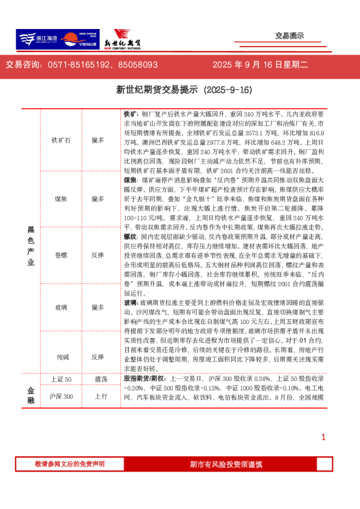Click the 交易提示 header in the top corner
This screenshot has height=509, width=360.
click(x=289, y=36)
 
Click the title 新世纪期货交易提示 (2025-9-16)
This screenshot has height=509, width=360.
click(x=183, y=89)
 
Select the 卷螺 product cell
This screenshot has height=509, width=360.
click(x=61, y=255)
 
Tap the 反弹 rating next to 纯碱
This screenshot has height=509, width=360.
click(x=98, y=357)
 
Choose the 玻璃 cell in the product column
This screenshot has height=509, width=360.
click(x=61, y=308)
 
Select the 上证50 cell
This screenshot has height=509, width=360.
click(x=61, y=379)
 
